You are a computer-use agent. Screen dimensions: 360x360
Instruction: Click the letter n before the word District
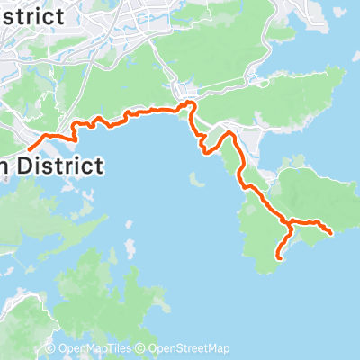click(4, 166)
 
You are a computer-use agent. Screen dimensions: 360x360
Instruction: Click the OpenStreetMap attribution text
click(189, 348)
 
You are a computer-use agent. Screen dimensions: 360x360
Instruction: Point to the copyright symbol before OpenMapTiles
click(51, 348)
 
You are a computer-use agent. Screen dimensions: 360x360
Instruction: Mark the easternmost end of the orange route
click(332, 233)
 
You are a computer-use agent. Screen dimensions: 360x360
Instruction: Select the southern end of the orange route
click(277, 258)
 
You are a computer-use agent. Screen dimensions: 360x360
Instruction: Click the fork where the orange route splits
click(288, 221)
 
